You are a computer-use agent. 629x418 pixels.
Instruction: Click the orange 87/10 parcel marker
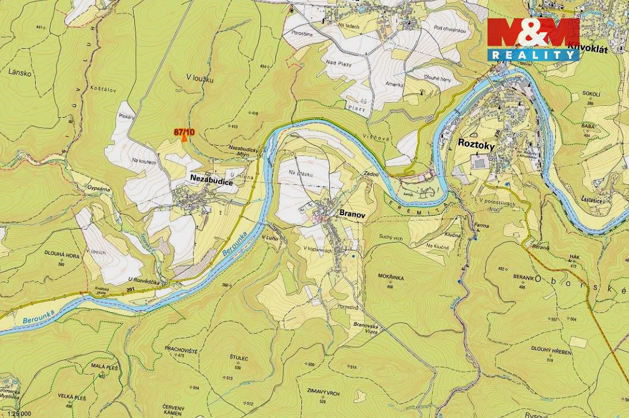[x=184, y=134]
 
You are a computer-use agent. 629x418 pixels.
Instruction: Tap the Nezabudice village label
[x=211, y=183]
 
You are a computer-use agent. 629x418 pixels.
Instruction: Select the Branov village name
[x=351, y=212]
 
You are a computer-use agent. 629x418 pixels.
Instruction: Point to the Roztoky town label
[x=476, y=143]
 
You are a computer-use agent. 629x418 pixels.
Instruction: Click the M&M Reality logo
[x=533, y=39]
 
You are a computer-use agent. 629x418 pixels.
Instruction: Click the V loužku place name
[x=200, y=78]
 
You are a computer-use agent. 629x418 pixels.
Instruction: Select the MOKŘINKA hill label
[x=390, y=276]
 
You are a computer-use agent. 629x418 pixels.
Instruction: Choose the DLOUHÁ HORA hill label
[x=61, y=254]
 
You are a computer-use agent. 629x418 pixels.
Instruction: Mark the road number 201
[x=130, y=290]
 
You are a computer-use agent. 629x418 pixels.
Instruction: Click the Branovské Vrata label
[x=366, y=328]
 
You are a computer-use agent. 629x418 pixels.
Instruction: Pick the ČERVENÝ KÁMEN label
[x=174, y=409]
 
